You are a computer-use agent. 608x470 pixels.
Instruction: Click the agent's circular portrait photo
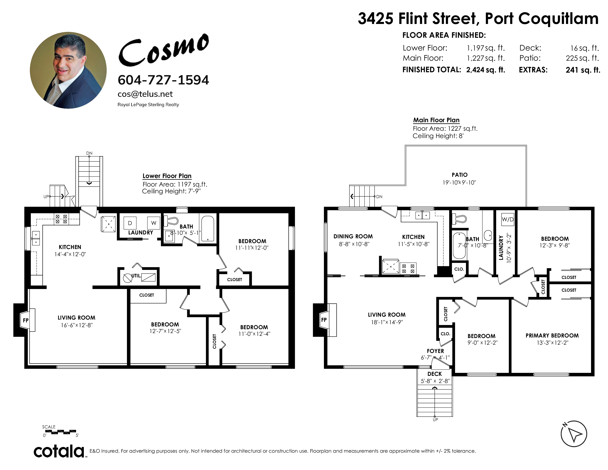pyautogui.click(x=68, y=70)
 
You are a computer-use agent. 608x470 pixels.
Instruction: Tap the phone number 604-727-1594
pyautogui.click(x=163, y=80)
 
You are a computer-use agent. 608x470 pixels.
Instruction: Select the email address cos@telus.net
pyautogui.click(x=145, y=94)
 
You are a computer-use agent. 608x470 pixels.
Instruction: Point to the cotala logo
pyautogui.click(x=59, y=452)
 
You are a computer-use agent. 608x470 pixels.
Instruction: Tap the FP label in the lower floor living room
pyautogui.click(x=26, y=320)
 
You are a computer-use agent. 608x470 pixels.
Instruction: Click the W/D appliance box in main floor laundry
pyautogui.click(x=508, y=219)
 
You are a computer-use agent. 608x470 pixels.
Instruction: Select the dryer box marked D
pyautogui.click(x=130, y=223)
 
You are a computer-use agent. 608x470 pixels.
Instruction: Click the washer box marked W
pyautogui.click(x=154, y=223)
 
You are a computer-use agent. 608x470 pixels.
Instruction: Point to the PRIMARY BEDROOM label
pyautogui.click(x=552, y=335)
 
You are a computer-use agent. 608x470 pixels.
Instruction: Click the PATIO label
pyautogui.click(x=460, y=175)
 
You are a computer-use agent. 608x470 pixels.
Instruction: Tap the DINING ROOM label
pyautogui.click(x=353, y=236)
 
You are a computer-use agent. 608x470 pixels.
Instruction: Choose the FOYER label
pyautogui.click(x=435, y=351)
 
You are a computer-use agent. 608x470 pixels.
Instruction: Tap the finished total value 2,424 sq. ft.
pyautogui.click(x=485, y=70)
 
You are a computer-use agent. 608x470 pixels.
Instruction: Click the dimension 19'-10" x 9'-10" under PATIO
pyautogui.click(x=459, y=183)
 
